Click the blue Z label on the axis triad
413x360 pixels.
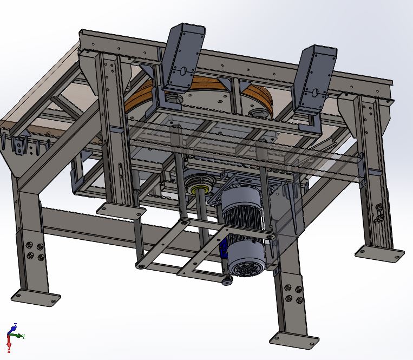15,325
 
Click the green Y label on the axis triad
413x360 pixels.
24,337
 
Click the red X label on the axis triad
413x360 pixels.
9,350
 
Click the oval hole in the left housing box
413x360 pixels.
184,70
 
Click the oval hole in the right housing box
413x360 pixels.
315,93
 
